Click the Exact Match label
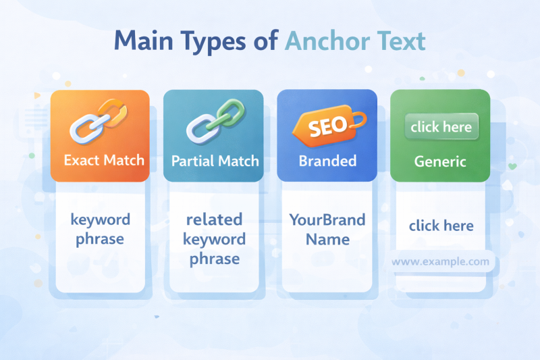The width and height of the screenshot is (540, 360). click(104, 161)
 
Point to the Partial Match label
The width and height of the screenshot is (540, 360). click(215, 161)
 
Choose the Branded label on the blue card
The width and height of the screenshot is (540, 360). click(327, 161)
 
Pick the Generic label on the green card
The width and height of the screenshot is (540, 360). click(440, 161)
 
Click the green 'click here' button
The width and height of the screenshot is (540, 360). click(441, 127)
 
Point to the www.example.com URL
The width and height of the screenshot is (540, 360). click(440, 261)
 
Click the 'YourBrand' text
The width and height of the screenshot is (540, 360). click(327, 220)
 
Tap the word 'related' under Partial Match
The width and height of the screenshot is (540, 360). click(214, 220)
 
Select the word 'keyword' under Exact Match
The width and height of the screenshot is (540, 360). click(101, 220)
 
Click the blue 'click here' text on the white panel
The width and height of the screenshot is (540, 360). click(441, 226)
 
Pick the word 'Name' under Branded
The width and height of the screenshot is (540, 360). click(327, 239)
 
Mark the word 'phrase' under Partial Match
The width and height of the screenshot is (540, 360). click(214, 259)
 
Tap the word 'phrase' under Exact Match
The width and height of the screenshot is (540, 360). click(101, 239)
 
